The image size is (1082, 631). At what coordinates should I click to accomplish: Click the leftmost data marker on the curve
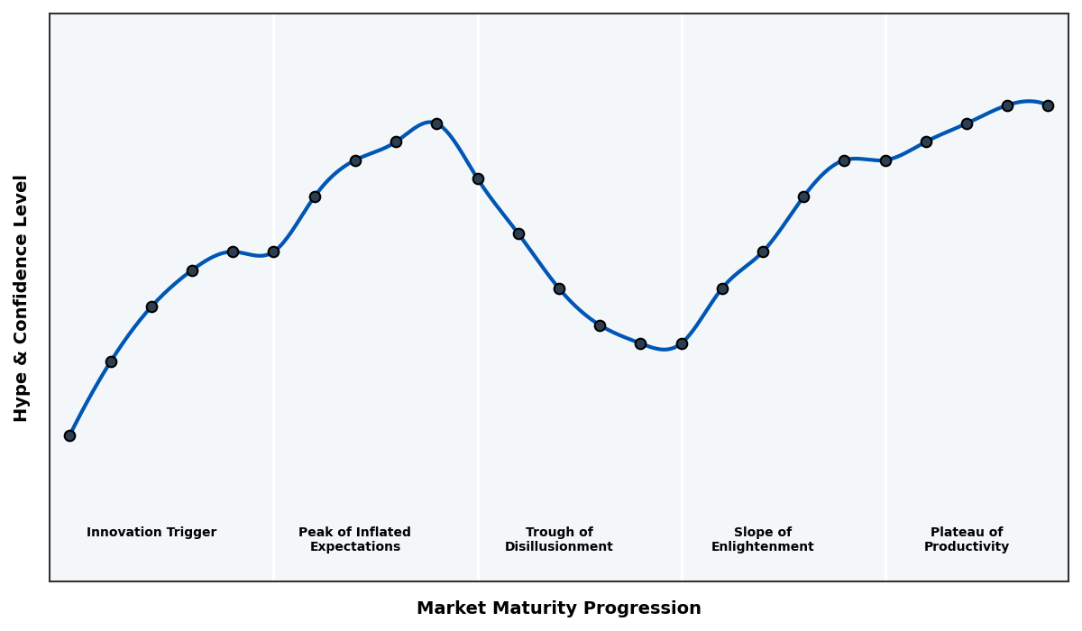coord(69,435)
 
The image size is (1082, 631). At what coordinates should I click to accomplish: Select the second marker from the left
coord(111,361)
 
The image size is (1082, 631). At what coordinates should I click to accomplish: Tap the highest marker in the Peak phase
coord(436,123)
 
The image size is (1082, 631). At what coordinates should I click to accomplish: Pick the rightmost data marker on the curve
coord(1048,105)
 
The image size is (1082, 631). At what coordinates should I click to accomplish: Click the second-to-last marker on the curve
coord(1007,105)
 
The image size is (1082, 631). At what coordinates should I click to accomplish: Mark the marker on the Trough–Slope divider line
coord(682,343)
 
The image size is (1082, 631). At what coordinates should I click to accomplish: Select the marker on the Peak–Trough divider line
coord(478,178)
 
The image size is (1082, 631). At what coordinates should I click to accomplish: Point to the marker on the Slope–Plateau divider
coord(885,160)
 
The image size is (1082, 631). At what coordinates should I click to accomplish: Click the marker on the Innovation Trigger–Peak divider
coord(273,251)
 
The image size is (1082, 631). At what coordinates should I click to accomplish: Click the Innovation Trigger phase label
coord(151,533)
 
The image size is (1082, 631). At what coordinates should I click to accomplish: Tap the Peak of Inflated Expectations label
coord(354,539)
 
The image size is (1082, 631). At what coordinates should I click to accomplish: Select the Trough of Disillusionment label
coord(559,539)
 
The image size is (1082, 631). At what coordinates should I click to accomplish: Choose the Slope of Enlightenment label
coord(763,539)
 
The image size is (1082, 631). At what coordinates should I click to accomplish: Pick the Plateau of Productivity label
coord(967,539)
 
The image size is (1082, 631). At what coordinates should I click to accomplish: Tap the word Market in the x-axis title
coord(448,608)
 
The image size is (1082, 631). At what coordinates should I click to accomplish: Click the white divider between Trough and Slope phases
coord(682,451)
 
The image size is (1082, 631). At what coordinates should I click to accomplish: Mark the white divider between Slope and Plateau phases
coord(885,406)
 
